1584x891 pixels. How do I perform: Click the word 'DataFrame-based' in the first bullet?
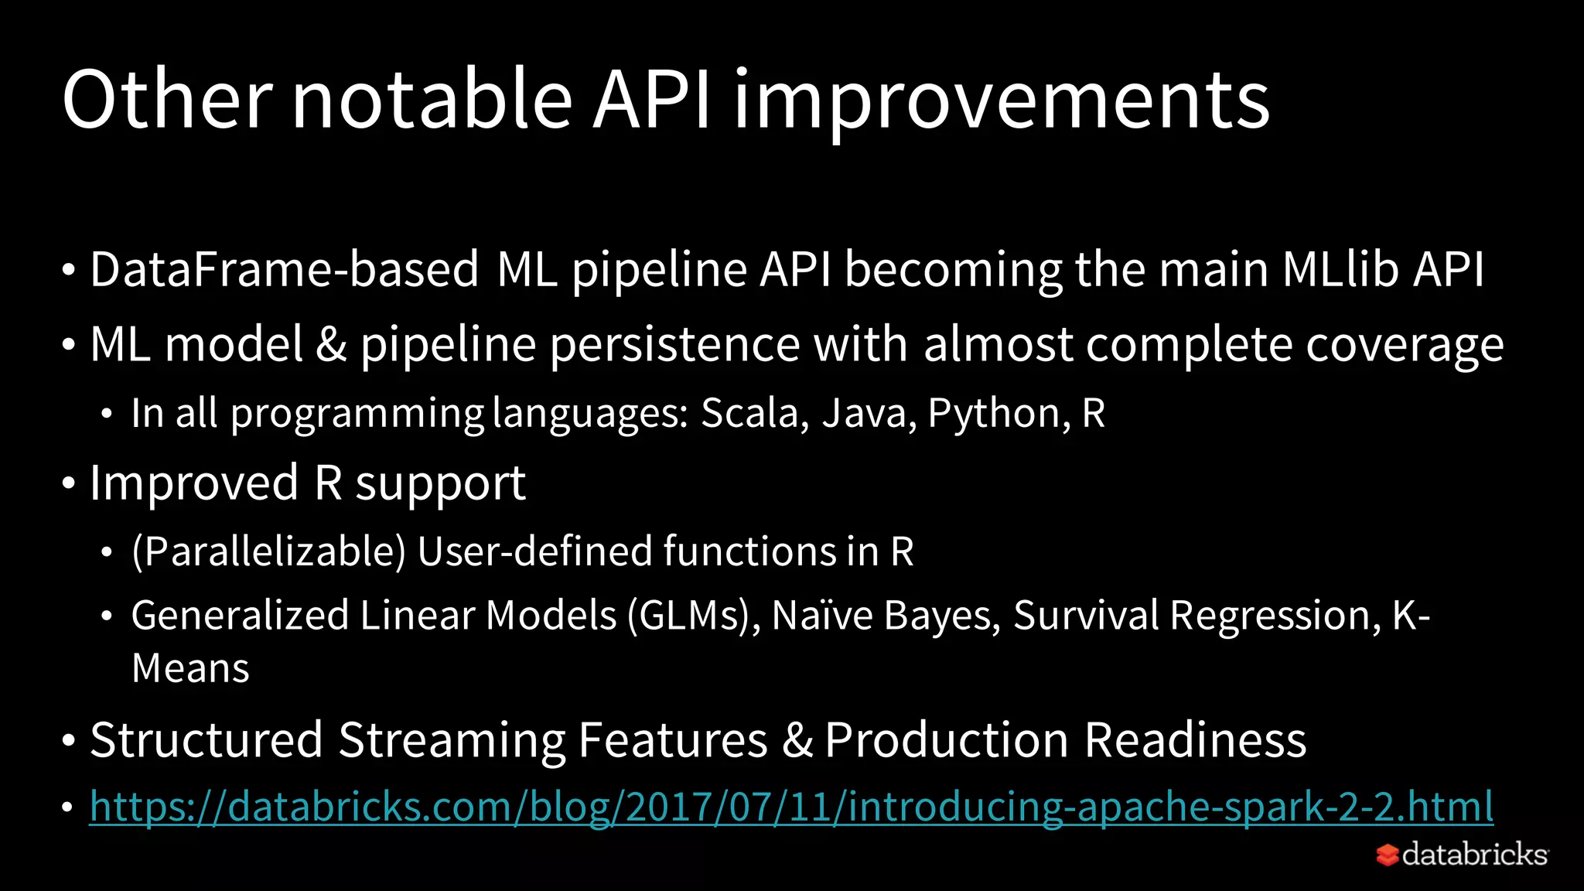284,270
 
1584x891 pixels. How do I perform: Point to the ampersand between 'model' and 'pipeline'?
331,344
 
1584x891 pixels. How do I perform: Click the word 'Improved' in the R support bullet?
194,483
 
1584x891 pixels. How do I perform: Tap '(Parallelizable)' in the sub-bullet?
268,551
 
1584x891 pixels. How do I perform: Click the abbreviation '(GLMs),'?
694,616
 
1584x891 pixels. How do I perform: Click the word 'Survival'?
1085,616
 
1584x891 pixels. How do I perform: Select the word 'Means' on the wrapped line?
190,668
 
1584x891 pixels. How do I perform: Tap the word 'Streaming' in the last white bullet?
452,740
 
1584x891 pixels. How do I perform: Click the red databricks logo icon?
1388,855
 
